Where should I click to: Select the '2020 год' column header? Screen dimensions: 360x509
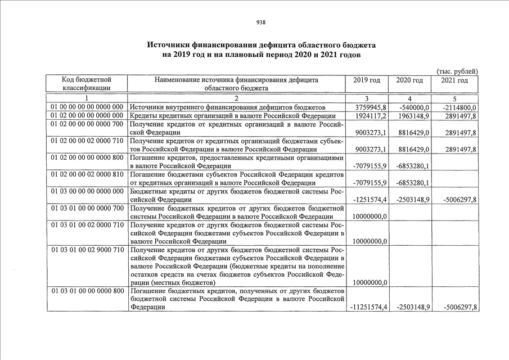[x=409, y=80]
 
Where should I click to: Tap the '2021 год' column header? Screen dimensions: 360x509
[x=454, y=80]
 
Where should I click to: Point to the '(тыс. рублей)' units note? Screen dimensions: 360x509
[x=457, y=71]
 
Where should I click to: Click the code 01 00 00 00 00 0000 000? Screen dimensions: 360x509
[x=87, y=107]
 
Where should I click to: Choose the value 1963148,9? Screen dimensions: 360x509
[x=414, y=116]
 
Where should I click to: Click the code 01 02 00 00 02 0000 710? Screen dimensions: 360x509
[x=87, y=140]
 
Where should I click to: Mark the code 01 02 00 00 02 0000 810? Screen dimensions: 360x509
[x=87, y=174]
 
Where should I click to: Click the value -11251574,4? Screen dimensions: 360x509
[x=368, y=308]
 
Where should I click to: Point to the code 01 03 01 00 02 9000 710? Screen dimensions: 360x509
[x=87, y=249]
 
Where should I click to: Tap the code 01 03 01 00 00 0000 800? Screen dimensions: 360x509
[x=87, y=291]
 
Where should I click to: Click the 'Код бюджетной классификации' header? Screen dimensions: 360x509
[x=87, y=84]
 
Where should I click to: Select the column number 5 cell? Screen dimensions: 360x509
[x=454, y=98]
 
